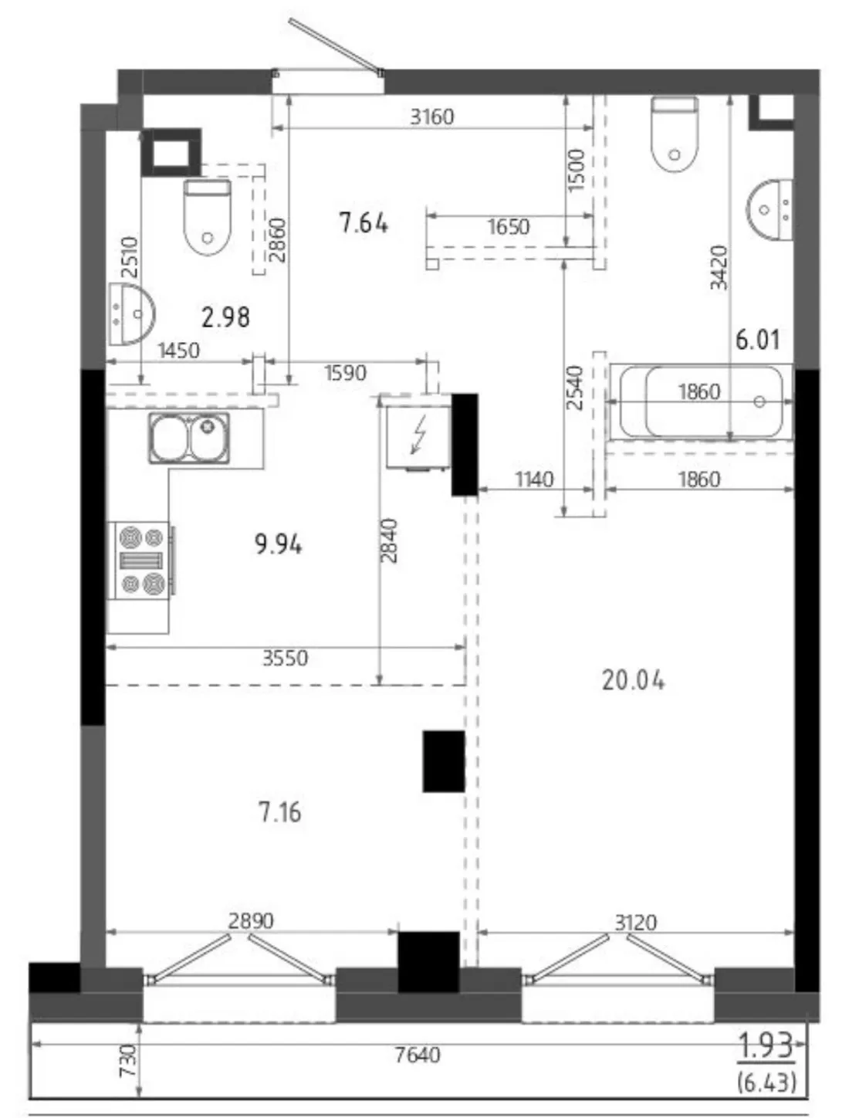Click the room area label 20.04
(633, 681)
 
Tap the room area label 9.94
(278, 544)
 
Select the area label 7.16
(279, 813)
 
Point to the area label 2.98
(225, 317)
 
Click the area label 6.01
(758, 340)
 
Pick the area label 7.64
(364, 223)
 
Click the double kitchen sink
(190, 438)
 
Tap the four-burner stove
(138, 561)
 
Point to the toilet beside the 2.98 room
(207, 217)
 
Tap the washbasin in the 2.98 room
(131, 313)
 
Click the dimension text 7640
(418, 1055)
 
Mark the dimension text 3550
(286, 658)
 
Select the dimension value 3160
(432, 117)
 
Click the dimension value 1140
(535, 479)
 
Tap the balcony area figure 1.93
(766, 1046)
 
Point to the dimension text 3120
(636, 923)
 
